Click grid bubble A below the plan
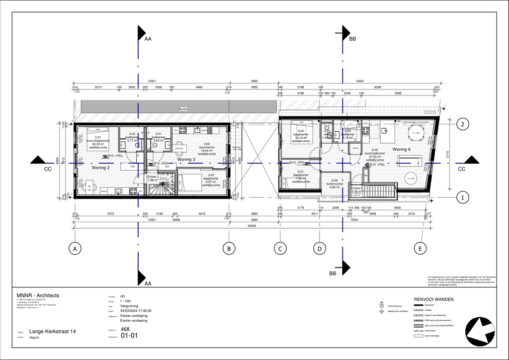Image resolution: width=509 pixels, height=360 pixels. (75, 248)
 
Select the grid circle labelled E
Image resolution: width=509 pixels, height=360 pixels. (420, 248)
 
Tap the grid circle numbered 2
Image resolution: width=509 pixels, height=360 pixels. (462, 124)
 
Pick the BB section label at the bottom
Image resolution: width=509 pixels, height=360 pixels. (333, 273)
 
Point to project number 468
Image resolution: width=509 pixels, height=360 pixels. (125, 329)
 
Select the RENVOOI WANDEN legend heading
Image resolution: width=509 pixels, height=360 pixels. (433, 299)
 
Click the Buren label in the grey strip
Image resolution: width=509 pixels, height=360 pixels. (183, 108)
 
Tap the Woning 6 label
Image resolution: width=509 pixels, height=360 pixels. (401, 149)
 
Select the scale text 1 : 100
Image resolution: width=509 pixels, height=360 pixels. (126, 301)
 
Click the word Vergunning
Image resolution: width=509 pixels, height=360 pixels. (130, 306)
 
